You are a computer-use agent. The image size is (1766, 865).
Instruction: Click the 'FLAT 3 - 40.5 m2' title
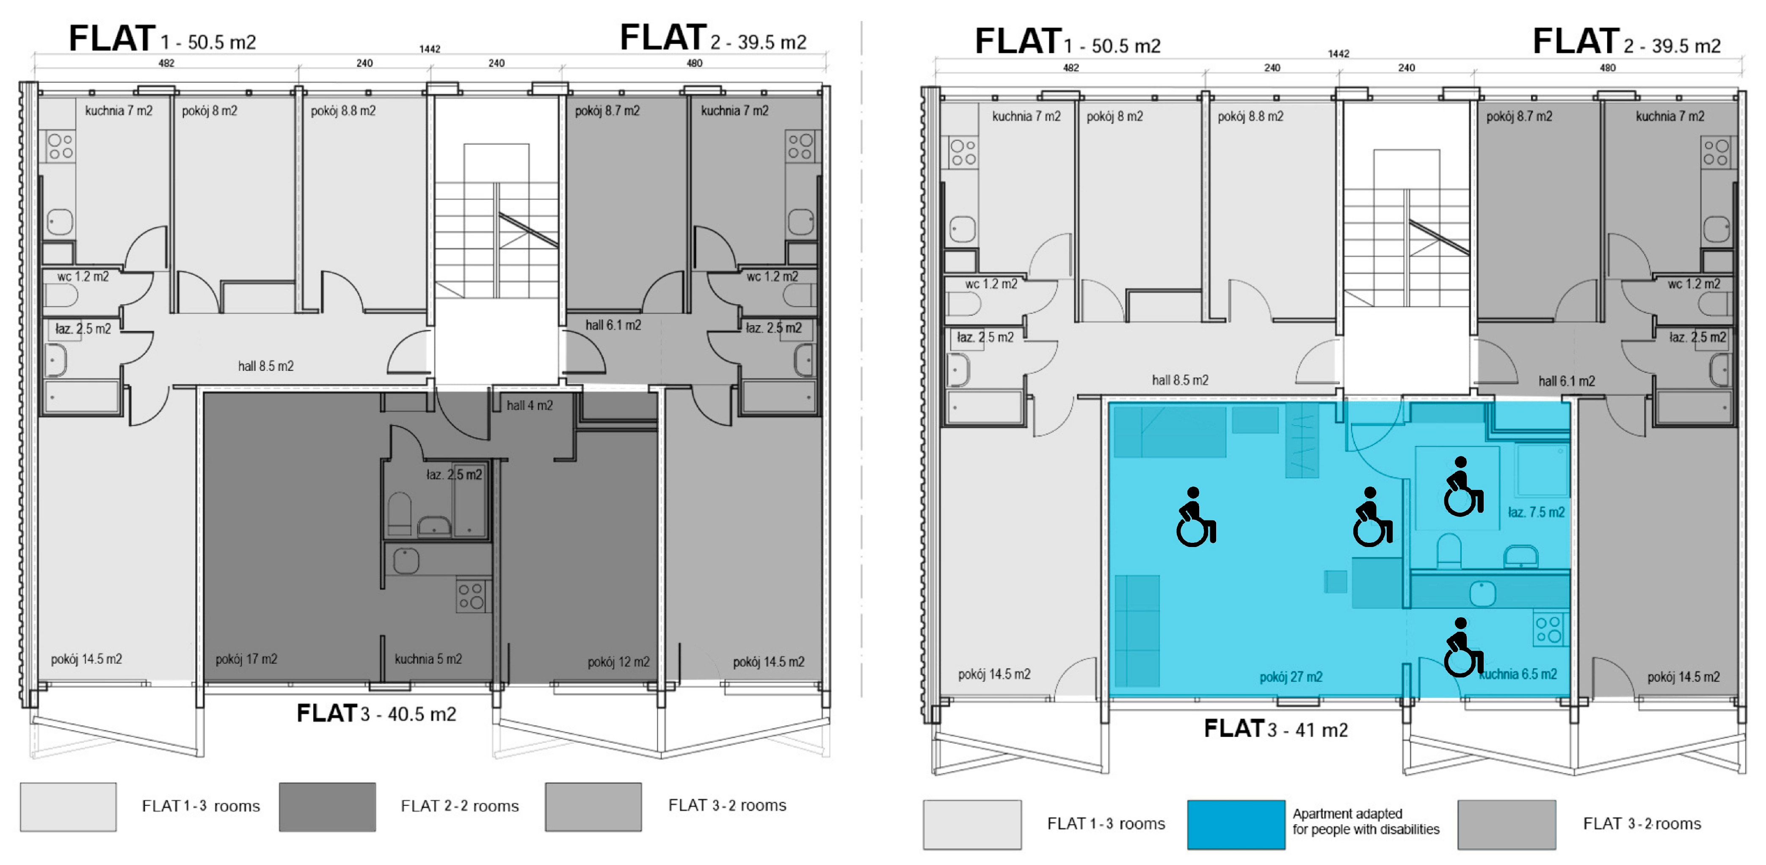click(x=376, y=713)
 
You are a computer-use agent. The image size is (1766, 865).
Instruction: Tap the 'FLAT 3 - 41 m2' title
click(x=1276, y=729)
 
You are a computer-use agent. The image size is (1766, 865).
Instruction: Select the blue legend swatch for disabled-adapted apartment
click(x=1236, y=824)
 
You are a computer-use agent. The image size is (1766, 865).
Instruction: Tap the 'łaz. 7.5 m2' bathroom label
click(x=1536, y=512)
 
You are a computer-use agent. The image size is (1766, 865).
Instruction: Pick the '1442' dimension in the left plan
click(x=430, y=49)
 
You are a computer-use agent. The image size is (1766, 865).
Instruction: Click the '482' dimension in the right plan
click(x=1071, y=67)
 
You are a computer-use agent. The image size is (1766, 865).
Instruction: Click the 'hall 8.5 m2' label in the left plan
click(x=266, y=366)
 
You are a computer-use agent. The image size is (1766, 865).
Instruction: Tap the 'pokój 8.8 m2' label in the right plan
click(x=1250, y=116)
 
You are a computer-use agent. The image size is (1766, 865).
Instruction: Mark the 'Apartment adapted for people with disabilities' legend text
click(x=1366, y=822)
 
